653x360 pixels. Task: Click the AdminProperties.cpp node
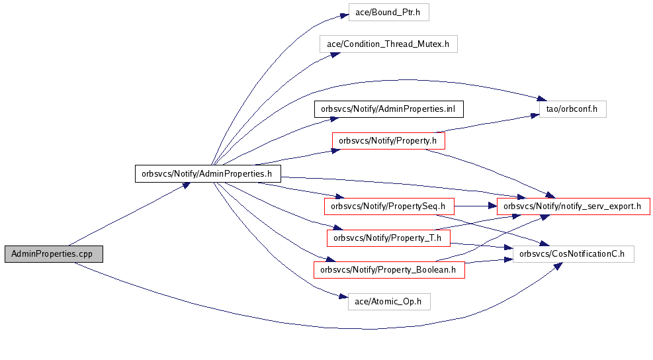pyautogui.click(x=53, y=254)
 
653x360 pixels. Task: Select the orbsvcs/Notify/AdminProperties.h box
pyautogui.click(x=208, y=174)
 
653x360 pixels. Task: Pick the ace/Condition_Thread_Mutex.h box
pyautogui.click(x=388, y=44)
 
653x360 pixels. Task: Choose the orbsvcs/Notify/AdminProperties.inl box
pyautogui.click(x=388, y=109)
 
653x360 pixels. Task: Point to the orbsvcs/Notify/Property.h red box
pyautogui.click(x=388, y=140)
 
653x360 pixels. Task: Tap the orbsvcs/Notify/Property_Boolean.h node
pyautogui.click(x=389, y=269)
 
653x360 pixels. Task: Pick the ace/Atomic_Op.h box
pyautogui.click(x=389, y=302)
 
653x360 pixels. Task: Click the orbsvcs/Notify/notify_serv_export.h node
pyautogui.click(x=573, y=206)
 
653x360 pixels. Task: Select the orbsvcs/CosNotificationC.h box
pyautogui.click(x=574, y=253)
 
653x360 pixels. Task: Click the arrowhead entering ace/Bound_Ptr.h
pyautogui.click(x=344, y=15)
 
